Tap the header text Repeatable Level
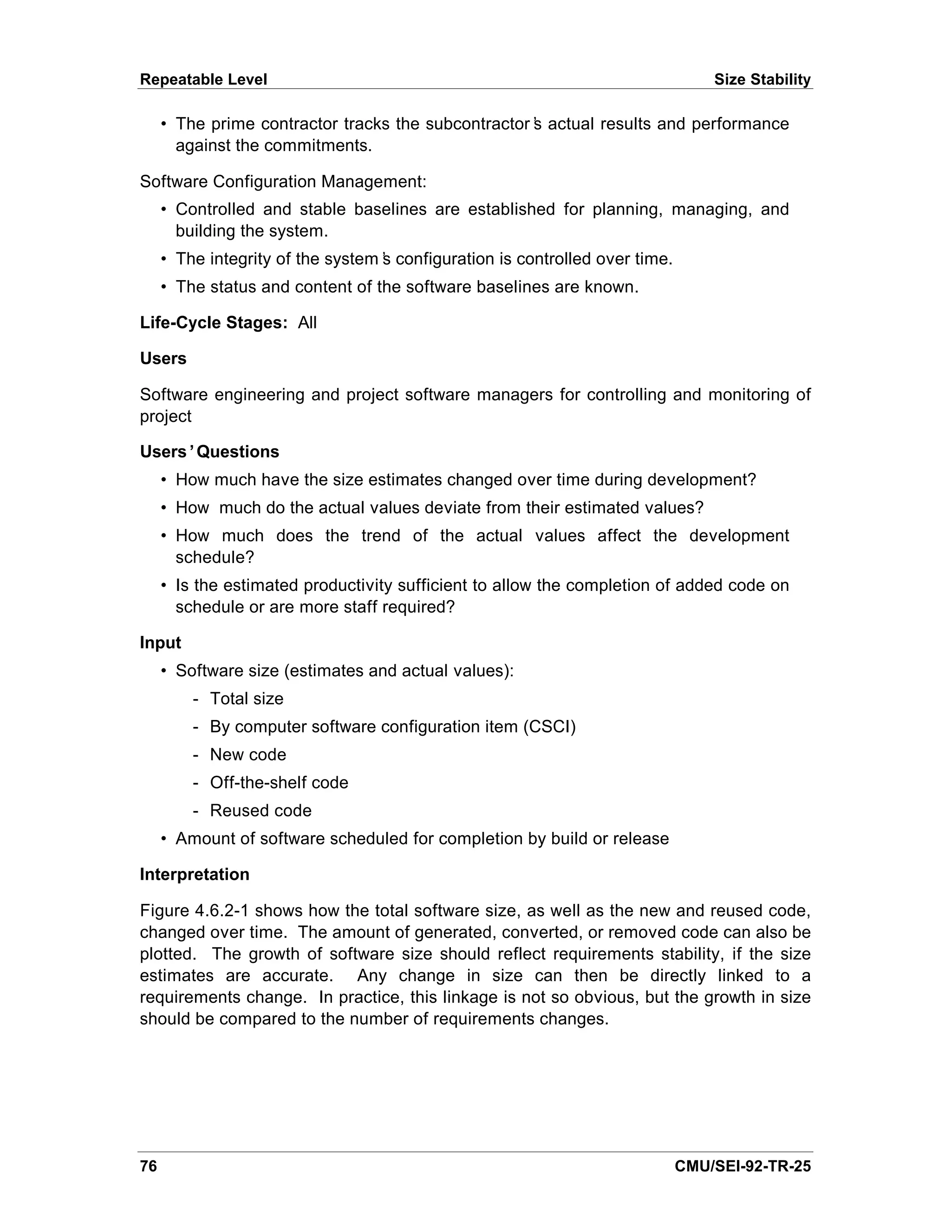click(203, 79)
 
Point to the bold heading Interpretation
click(195, 874)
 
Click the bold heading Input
click(160, 642)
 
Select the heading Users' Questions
click(209, 452)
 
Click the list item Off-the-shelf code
click(279, 782)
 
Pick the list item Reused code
click(261, 811)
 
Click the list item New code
click(248, 755)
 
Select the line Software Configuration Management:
click(283, 182)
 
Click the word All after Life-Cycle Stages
click(307, 322)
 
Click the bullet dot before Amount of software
click(163, 838)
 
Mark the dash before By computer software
click(195, 727)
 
